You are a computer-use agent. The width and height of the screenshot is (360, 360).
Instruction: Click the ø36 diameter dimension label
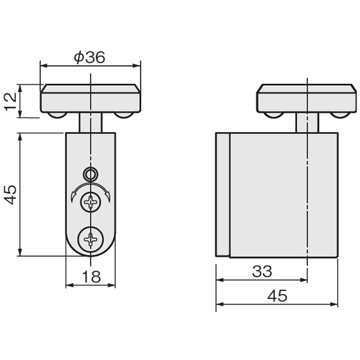[x=89, y=57]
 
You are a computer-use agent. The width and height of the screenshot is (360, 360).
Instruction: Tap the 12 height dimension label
[x=11, y=101]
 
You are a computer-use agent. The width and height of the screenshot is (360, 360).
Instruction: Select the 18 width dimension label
[x=91, y=277]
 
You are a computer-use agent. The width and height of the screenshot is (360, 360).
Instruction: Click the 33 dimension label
[x=262, y=271]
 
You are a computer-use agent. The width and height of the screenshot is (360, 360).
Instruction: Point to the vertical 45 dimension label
[x=11, y=194]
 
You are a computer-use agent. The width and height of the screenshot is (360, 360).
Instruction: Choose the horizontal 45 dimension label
[x=277, y=295]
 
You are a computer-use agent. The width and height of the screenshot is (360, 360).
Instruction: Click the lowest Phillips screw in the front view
[x=91, y=239]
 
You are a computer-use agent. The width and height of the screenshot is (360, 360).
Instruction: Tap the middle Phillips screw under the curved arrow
[x=91, y=202]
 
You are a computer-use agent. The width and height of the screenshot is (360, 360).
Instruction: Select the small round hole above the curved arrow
[x=91, y=174]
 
